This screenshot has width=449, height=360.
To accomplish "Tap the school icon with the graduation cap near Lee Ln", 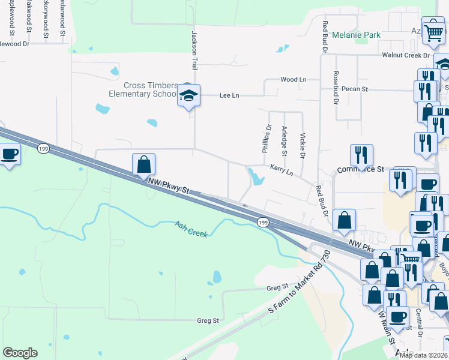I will tap(188, 95).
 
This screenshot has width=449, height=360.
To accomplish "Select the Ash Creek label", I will tap(191, 229).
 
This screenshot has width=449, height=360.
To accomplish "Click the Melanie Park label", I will tap(357, 35).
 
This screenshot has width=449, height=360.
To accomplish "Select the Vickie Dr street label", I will tap(303, 146).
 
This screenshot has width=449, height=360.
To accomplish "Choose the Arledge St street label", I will tap(285, 143).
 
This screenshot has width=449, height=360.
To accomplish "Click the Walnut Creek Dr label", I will tap(406, 55).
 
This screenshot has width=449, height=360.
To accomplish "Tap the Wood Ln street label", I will tap(294, 80).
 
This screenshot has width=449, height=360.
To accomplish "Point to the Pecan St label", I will tap(354, 89).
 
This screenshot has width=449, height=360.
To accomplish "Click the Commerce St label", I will tap(360, 170).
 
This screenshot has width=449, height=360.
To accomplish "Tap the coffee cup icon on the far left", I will tap(10, 154).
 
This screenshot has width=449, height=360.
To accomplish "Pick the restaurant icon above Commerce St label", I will tap(361, 155).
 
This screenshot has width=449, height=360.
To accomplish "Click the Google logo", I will tap(20, 353).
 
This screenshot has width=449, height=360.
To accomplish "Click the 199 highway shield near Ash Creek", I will tap(263, 223).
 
